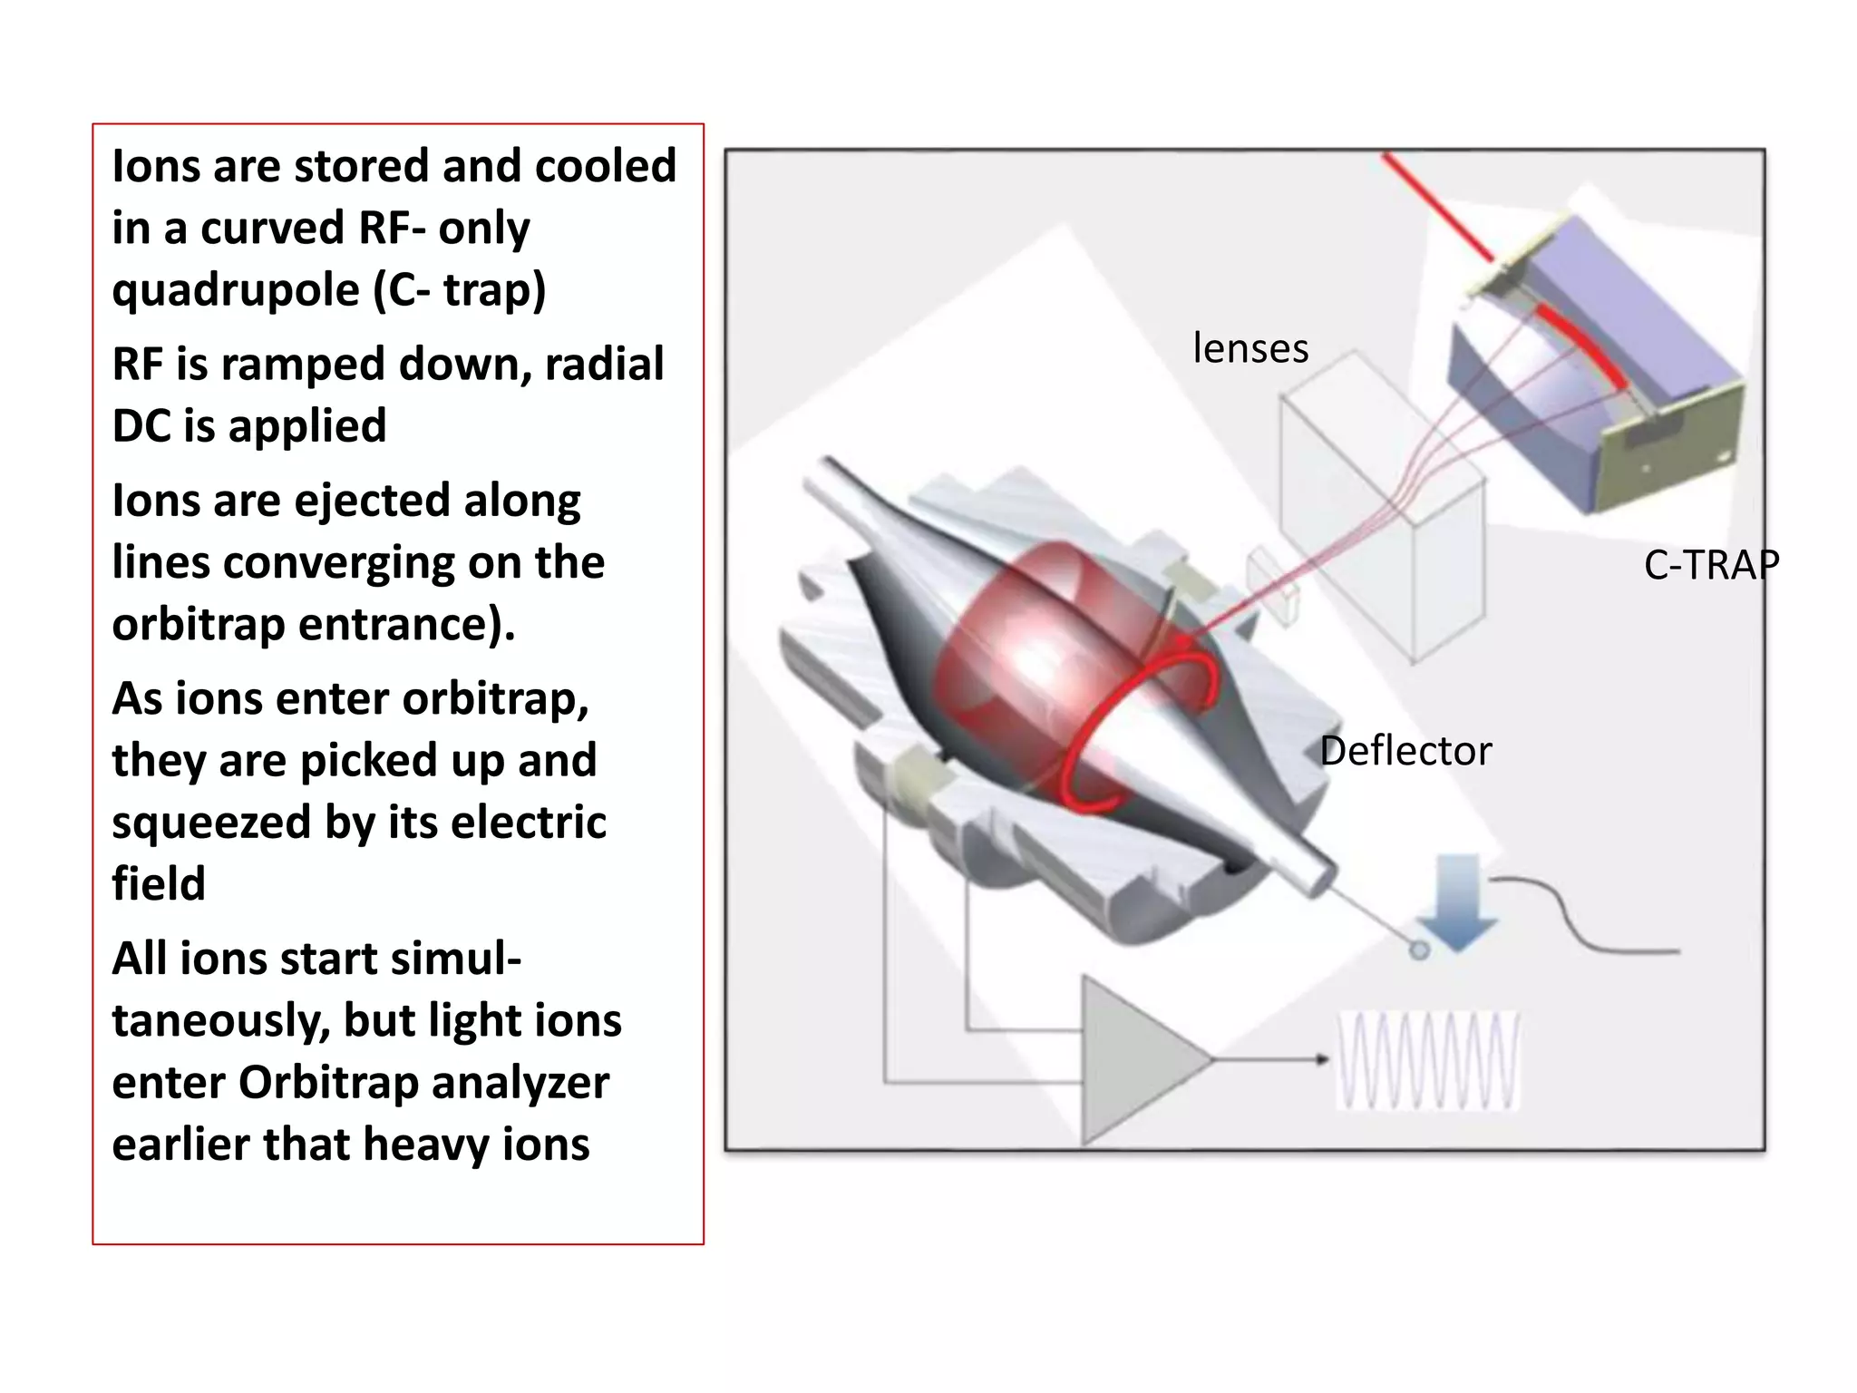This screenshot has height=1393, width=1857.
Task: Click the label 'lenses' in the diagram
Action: (1250, 348)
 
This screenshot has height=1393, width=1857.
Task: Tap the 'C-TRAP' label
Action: (1711, 565)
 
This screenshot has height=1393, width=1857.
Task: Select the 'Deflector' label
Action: (1405, 751)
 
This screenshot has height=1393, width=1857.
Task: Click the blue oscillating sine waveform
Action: (1428, 1061)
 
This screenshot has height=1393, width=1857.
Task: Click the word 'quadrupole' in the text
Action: (236, 291)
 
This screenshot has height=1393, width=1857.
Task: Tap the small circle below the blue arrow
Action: (1420, 950)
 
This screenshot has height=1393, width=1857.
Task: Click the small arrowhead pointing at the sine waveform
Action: (1323, 1059)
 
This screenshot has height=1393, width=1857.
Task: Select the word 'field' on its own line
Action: (159, 884)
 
